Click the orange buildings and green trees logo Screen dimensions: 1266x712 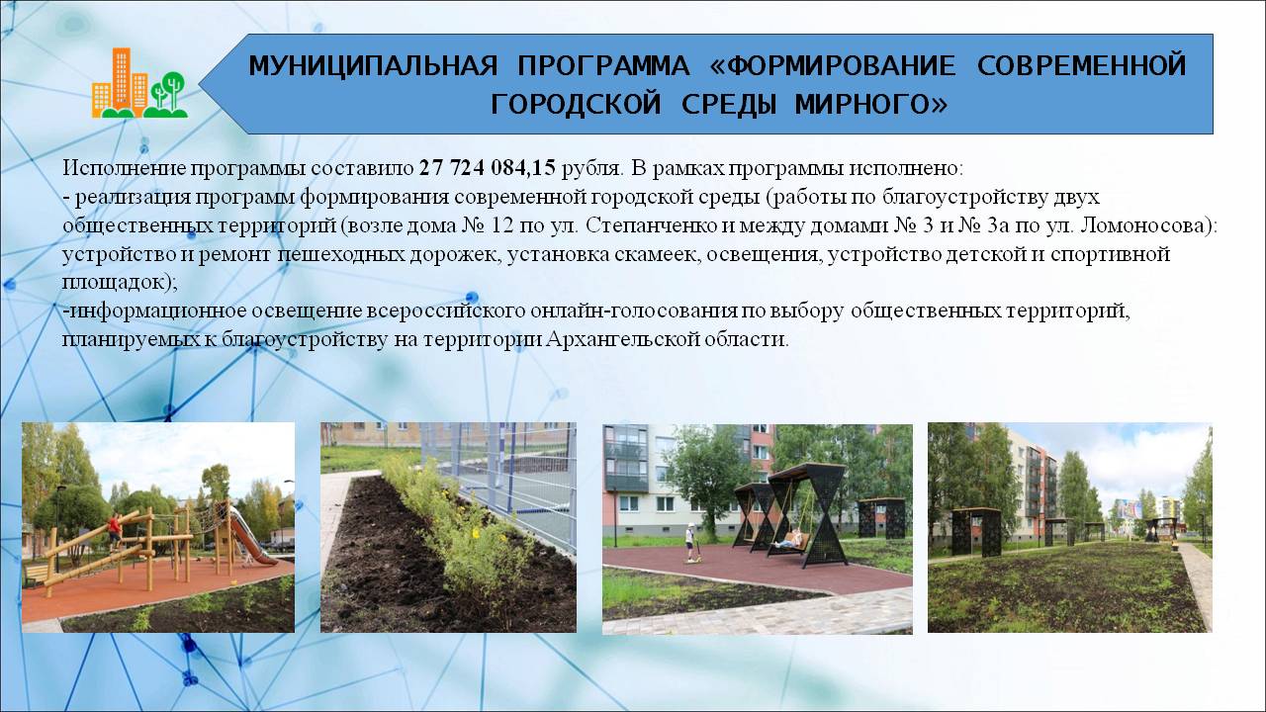click(x=139, y=83)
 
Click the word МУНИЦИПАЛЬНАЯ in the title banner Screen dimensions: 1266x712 click(x=373, y=65)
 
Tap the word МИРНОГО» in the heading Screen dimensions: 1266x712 click(x=871, y=104)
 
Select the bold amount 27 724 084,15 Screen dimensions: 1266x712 click(x=488, y=168)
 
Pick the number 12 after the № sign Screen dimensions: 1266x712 click(x=501, y=225)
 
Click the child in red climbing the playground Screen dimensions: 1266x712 click(x=115, y=530)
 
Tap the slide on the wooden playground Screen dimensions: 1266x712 click(x=251, y=536)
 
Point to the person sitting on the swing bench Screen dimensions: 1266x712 click(x=789, y=539)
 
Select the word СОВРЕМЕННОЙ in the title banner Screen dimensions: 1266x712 click(x=1081, y=65)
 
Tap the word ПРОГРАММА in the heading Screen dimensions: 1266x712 click(x=603, y=65)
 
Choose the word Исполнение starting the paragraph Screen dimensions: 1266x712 click(x=124, y=168)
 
